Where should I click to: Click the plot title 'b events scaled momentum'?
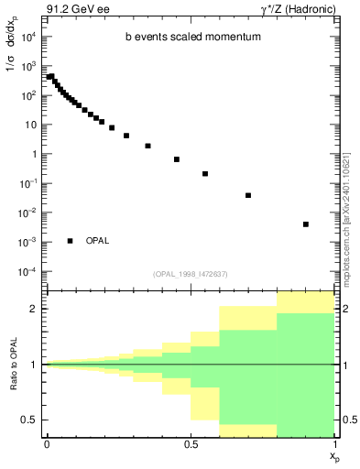pyautogui.click(x=192, y=38)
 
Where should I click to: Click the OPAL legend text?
pyautogui.click(x=97, y=241)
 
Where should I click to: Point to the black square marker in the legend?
pyautogui.click(x=70, y=241)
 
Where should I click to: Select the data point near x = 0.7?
pyautogui.click(x=248, y=195)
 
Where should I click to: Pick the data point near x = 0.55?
pyautogui.click(x=205, y=173)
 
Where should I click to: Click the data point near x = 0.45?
pyautogui.click(x=176, y=159)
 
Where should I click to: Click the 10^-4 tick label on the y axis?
pyautogui.click(x=27, y=272)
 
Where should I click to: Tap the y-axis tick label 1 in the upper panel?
pyautogui.click(x=33, y=154)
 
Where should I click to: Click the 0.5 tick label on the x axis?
pyautogui.click(x=191, y=444)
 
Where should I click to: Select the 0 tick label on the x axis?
pyautogui.click(x=47, y=444)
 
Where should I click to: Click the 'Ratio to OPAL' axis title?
pyautogui.click(x=14, y=365)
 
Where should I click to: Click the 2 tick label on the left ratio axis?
pyautogui.click(x=34, y=309)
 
